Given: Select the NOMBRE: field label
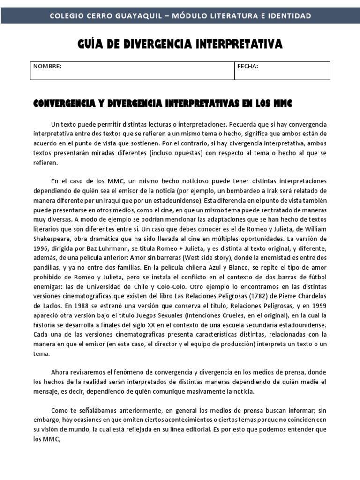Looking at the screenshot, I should [x=47, y=67].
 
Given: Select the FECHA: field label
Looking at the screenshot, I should [x=248, y=67].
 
